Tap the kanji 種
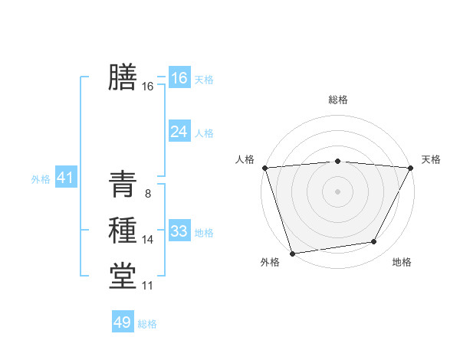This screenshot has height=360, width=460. [123, 230]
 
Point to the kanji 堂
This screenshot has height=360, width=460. [123, 276]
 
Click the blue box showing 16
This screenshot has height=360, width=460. [179, 77]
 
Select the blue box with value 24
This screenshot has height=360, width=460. [179, 132]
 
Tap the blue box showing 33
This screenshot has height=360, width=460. [179, 231]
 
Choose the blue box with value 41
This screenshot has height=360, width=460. [64, 178]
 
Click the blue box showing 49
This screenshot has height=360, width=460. [123, 322]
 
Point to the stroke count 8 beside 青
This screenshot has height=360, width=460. [147, 194]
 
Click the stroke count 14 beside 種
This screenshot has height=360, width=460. [147, 240]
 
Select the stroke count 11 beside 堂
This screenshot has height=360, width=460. [147, 286]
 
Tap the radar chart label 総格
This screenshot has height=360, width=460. [337, 100]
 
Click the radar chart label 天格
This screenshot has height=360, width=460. [431, 159]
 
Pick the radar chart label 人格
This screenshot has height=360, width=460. [245, 159]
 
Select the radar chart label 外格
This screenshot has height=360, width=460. [269, 262]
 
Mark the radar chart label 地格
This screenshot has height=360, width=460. [402, 262]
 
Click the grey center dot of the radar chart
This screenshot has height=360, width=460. [337, 191]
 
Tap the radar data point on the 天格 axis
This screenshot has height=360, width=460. [410, 168]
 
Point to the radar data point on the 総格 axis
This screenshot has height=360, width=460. [337, 161]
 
